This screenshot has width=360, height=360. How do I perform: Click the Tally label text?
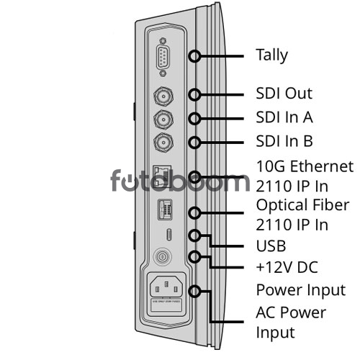coord(271,55)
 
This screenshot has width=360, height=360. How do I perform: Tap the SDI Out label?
coord(284,93)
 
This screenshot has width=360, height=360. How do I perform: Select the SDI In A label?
coord(284,117)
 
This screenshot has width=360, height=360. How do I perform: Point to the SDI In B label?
coord(284,141)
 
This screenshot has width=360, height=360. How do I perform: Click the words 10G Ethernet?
coord(305,166)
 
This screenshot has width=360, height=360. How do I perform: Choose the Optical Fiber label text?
coord(302,205)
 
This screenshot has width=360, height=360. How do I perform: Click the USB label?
coord(271,246)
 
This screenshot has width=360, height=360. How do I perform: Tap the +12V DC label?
coord(287,267)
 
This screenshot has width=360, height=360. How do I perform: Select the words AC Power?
coord(291,312)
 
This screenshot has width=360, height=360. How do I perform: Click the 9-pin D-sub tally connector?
coord(163,57)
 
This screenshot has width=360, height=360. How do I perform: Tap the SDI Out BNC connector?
coord(163,96)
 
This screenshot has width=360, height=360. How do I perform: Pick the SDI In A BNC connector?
coord(163,120)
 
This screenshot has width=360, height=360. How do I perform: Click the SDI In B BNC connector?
coord(163,143)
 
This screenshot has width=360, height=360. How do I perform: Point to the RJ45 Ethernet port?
coord(162,176)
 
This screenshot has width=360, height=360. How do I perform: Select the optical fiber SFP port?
coord(165,210)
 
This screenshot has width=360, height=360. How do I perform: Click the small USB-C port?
coord(169,235)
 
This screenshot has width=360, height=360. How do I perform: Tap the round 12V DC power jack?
coord(163,258)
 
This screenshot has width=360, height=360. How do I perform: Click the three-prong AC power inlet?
coord(166,287)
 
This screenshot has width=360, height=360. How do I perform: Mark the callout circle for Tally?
coord(194,56)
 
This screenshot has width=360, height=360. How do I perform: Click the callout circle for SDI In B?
coord(194,143)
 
